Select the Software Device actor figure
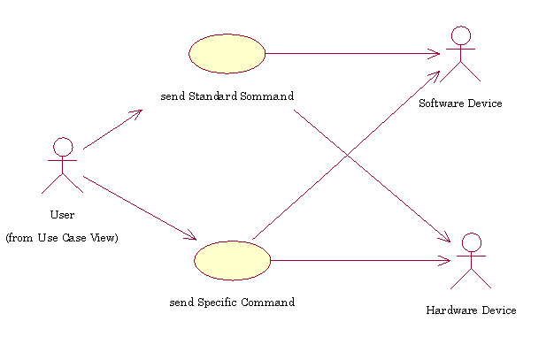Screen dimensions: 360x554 tap(460, 55)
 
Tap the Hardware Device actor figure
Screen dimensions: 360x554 tap(471, 262)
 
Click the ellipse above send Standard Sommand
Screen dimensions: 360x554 tap(227, 53)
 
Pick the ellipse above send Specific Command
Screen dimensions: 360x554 tap(232, 260)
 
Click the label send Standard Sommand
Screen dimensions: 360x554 tap(227, 96)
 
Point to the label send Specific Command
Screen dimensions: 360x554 tap(232, 303)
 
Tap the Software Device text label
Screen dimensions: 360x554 tap(460, 103)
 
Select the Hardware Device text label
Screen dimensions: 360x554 tap(471, 310)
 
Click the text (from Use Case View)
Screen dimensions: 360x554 tap(62, 238)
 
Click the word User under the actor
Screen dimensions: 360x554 tap(62, 215)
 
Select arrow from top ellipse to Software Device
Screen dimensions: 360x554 tap(354, 53)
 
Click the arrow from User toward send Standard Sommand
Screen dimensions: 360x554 tap(113, 129)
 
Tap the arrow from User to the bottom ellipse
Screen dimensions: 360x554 tap(139, 208)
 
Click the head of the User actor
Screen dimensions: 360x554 tap(62, 146)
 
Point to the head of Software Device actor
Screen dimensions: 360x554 tap(460, 35)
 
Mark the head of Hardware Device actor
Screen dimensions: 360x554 tap(471, 242)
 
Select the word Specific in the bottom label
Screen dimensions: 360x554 tap(216, 303)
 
